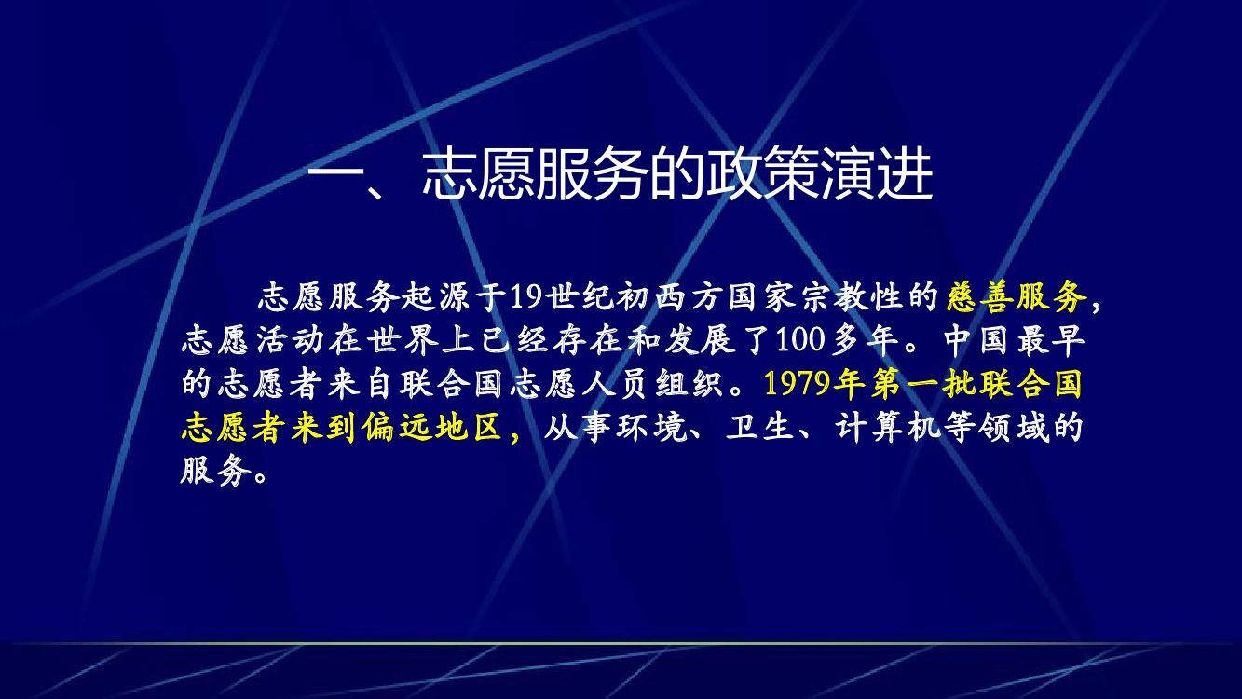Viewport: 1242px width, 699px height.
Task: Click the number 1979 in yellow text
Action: click(x=799, y=384)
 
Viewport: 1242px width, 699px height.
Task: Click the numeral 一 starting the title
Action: click(x=334, y=176)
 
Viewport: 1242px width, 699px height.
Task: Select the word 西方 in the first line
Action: click(x=689, y=296)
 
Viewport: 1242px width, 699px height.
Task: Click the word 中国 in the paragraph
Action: click(x=977, y=340)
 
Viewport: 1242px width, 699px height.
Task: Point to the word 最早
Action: click(x=1051, y=340)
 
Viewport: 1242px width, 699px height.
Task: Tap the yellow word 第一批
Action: click(x=922, y=384)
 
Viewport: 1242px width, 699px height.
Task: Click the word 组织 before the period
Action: click(x=689, y=384)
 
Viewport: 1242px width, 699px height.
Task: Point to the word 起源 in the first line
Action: click(x=435, y=296)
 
